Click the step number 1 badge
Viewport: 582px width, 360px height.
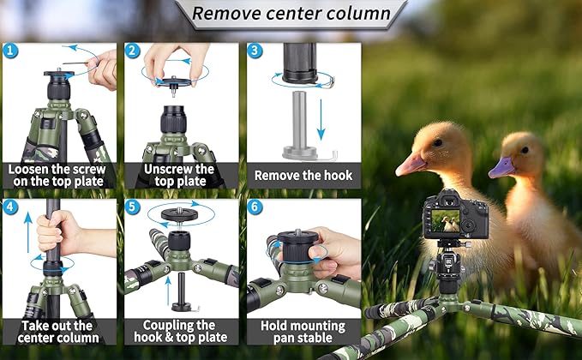tap(10, 51)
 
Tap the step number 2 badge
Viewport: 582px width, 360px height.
tap(133, 51)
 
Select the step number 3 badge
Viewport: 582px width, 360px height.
tap(255, 51)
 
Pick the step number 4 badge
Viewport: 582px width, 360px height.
tap(10, 207)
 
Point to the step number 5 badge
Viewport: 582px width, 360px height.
tap(133, 207)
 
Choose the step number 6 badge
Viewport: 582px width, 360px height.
tap(255, 207)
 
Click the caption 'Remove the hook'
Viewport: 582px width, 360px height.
tap(303, 175)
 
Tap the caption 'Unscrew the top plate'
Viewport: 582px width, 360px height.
tap(181, 175)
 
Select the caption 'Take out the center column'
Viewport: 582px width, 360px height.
tap(58, 331)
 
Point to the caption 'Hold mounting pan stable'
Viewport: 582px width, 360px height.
tap(303, 331)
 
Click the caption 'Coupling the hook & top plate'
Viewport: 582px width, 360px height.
tap(181, 331)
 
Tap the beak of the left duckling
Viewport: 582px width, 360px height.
tap(409, 163)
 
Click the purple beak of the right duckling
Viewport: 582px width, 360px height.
tap(501, 167)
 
